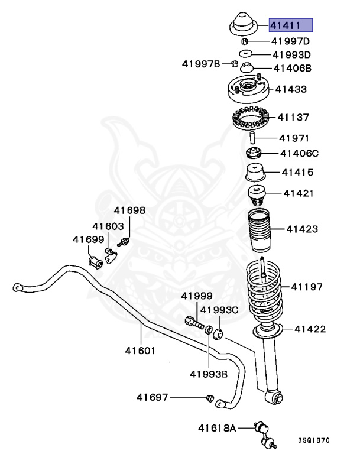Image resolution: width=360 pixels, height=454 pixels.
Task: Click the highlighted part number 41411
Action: (x=290, y=25)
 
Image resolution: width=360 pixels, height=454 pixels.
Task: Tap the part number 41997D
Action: (x=290, y=41)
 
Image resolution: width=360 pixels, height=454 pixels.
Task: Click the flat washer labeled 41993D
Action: (x=245, y=54)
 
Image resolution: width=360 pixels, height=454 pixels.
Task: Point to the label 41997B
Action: (x=201, y=64)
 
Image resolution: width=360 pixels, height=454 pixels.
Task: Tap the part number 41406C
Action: (x=299, y=154)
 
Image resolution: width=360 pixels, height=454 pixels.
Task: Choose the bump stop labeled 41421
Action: (x=256, y=194)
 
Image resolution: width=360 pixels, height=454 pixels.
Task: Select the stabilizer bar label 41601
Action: (x=140, y=350)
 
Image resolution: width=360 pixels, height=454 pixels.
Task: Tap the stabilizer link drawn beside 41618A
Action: (x=264, y=433)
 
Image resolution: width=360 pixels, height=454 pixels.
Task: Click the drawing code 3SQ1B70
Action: (x=314, y=440)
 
